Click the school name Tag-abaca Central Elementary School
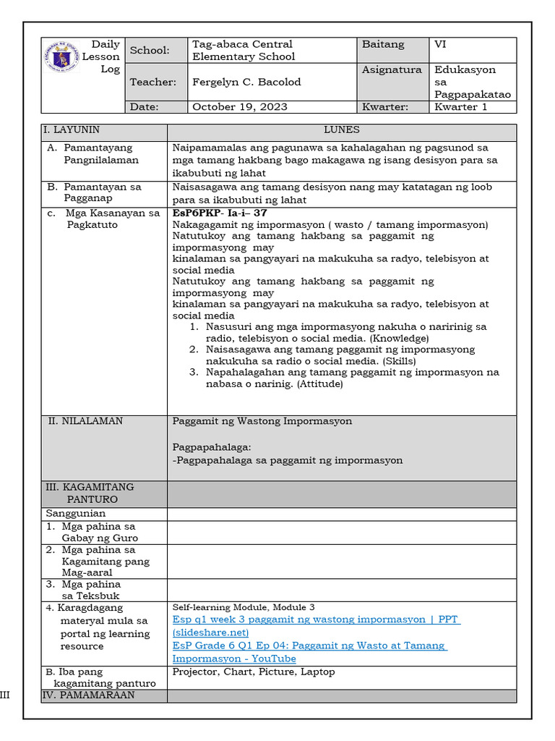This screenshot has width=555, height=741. point(243,50)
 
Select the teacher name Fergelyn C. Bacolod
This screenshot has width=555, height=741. point(246,82)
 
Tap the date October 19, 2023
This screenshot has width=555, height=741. point(239,106)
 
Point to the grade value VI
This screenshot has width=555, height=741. point(440,44)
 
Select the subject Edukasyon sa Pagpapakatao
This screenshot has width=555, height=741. point(472,82)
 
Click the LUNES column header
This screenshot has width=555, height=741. point(342,130)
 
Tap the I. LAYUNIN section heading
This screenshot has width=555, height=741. point(72,130)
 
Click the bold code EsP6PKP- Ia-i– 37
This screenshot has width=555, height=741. point(220,213)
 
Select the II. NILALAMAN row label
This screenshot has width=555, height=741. point(85,421)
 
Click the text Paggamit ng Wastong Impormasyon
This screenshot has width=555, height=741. point(262,421)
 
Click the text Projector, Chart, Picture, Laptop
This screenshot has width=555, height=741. point(254,672)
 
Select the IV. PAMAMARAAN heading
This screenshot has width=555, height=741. point(90,695)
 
